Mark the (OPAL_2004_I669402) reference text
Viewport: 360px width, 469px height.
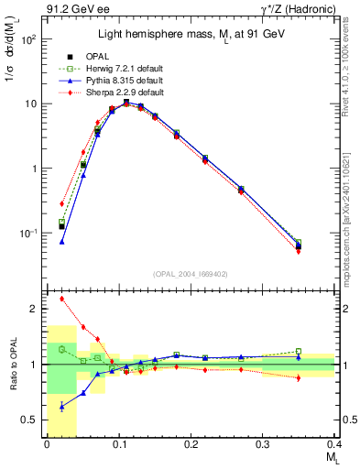[191, 273]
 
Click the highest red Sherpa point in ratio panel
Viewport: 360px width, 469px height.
[61, 299]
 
